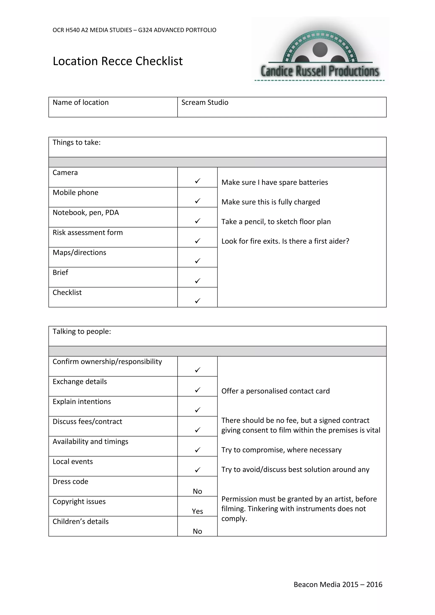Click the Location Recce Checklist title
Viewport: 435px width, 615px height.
pos(118,61)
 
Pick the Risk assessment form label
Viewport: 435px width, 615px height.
pos(88,233)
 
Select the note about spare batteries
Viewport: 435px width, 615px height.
pos(275,182)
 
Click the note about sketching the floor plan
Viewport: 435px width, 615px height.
pos(276,222)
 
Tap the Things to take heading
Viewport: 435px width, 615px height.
pos(77,142)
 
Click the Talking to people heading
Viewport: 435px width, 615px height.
pos(82,332)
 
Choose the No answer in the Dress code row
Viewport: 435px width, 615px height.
pos(197,491)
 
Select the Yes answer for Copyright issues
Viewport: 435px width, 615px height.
pos(197,511)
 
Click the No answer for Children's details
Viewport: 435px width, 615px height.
pos(197,531)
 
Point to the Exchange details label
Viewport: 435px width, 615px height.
pos(80,382)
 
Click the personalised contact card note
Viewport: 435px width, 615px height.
pos(275,391)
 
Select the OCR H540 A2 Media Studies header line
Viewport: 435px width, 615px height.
pos(134,30)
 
